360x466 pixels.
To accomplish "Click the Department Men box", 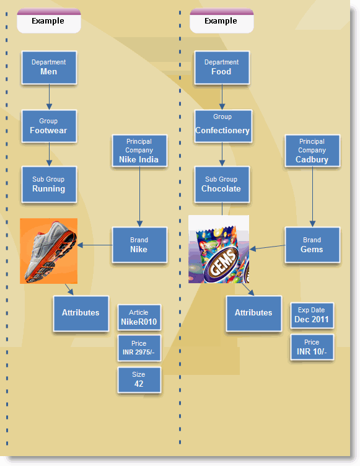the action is tap(49, 68).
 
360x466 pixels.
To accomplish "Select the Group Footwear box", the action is tap(49, 126).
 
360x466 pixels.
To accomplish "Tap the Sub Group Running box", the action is tap(49, 185).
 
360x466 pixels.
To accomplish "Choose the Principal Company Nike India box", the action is tap(139, 151).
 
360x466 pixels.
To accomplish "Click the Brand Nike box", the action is tap(139, 245).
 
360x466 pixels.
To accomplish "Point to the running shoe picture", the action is tap(49, 251).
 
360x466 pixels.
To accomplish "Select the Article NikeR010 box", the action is tap(139, 317).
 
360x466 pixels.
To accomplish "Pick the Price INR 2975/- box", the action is tap(139, 348).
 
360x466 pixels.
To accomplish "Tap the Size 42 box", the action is tap(139, 380).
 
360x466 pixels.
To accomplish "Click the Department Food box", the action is tap(222, 68).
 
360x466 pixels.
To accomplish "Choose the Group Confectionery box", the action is tap(223, 126).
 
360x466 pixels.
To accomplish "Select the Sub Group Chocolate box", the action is tap(222, 185).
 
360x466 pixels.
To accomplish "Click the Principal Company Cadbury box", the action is tap(312, 151).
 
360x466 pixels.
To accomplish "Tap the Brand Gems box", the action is tap(312, 245).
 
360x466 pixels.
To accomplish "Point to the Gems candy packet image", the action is tap(219, 249).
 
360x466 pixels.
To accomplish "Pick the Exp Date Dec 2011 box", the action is tap(312, 315).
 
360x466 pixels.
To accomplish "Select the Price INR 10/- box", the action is tap(312, 347).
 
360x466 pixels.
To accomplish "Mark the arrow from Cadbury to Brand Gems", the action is tap(312, 196).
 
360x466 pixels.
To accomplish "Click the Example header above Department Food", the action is tap(221, 21).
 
